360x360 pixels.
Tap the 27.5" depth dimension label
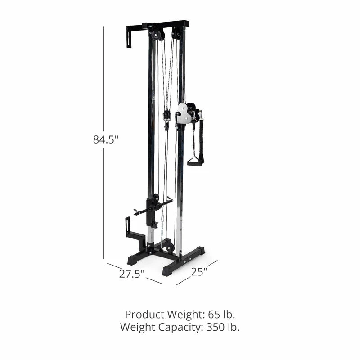131,273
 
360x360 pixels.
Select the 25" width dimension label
199,272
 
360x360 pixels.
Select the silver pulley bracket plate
184,114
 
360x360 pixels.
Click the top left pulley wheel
157,36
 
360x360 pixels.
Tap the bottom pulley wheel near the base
169,247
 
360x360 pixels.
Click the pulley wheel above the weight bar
156,198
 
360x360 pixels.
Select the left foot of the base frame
134,260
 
